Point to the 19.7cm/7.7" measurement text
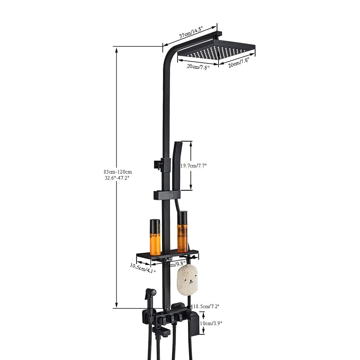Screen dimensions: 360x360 pos(193,166)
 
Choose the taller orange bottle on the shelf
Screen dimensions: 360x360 pos(183,234)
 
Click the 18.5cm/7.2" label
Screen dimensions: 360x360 pos(206,306)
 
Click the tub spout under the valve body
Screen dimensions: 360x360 pos(160,331)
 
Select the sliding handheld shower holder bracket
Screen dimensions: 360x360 pos(167,195)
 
